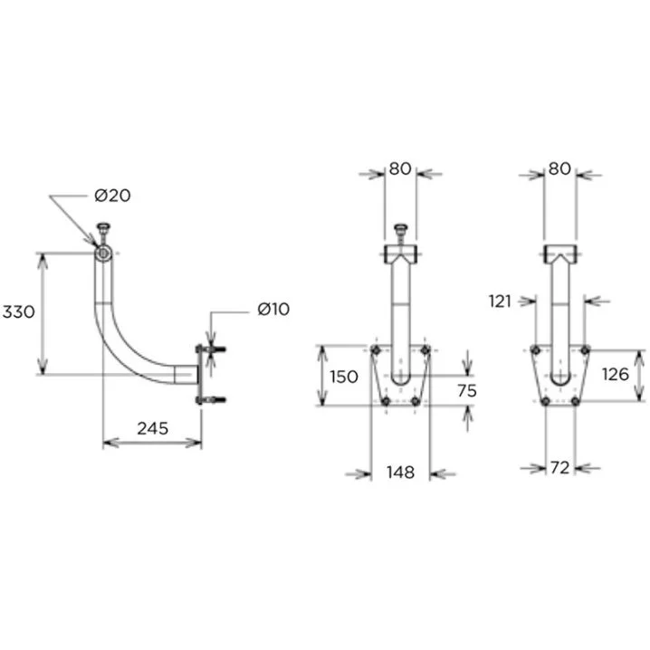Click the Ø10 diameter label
coord(272,310)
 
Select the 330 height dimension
coord(18,312)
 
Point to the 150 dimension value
coord(344,377)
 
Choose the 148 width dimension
coord(400,472)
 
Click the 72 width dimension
coord(559,468)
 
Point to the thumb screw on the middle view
coord(400,232)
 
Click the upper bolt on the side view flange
coord(214,349)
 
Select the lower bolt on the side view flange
coord(214,399)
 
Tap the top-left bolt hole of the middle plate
coord(376,349)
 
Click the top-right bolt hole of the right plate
coord(585,349)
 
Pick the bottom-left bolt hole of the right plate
coord(545,401)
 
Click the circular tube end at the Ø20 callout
coord(103,253)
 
